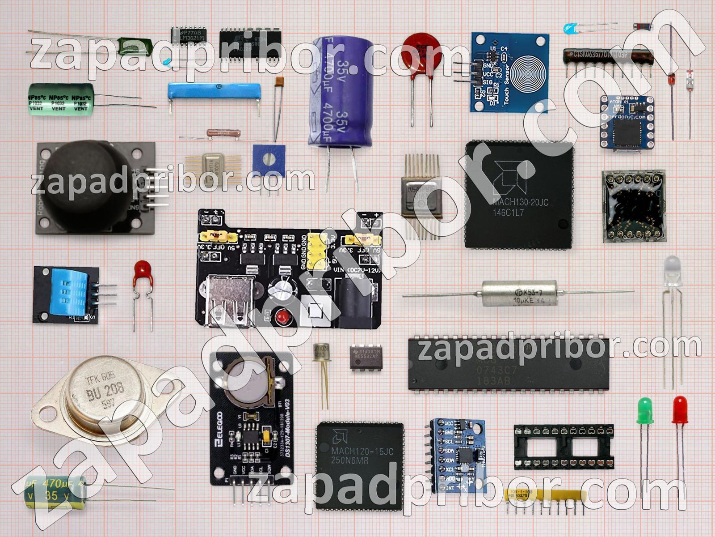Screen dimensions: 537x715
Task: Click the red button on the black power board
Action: click(282, 318)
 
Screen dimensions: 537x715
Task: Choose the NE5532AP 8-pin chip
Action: click(366, 357)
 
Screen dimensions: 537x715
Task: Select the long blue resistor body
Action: click(214, 92)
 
